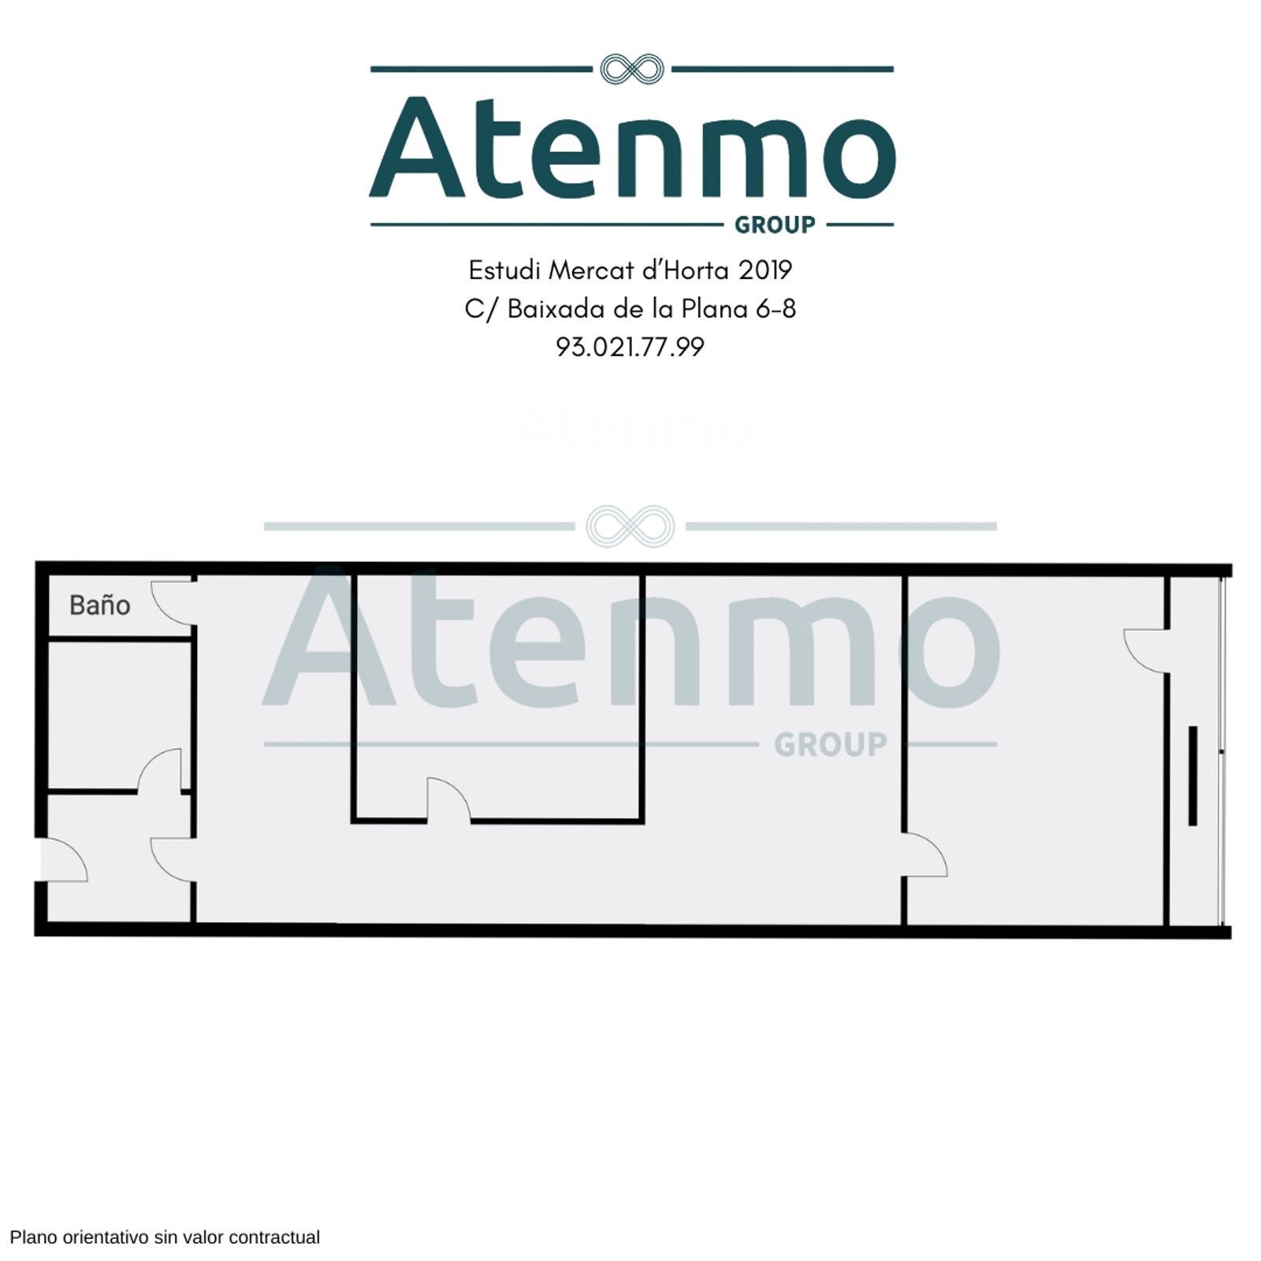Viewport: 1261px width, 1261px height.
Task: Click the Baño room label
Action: pyautogui.click(x=99, y=605)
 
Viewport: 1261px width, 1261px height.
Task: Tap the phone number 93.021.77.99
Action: pyautogui.click(x=630, y=348)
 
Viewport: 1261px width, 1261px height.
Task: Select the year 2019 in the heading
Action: pyautogui.click(x=765, y=270)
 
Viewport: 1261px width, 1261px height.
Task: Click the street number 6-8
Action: pyautogui.click(x=776, y=309)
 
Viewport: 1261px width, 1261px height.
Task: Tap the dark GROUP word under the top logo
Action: pyautogui.click(x=775, y=225)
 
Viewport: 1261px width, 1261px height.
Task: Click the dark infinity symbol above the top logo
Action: pyautogui.click(x=632, y=69)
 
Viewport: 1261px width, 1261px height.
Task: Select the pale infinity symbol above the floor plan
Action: pyautogui.click(x=630, y=526)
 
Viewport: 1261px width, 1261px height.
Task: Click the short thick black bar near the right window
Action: pyautogui.click(x=1192, y=776)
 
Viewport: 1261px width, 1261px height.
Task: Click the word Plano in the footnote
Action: pyautogui.click(x=34, y=1237)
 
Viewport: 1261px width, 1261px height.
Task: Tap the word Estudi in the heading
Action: pyautogui.click(x=505, y=270)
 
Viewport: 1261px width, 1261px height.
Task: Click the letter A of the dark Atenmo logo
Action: pyautogui.click(x=418, y=147)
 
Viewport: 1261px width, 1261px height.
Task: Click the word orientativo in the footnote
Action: pyautogui.click(x=106, y=1237)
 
